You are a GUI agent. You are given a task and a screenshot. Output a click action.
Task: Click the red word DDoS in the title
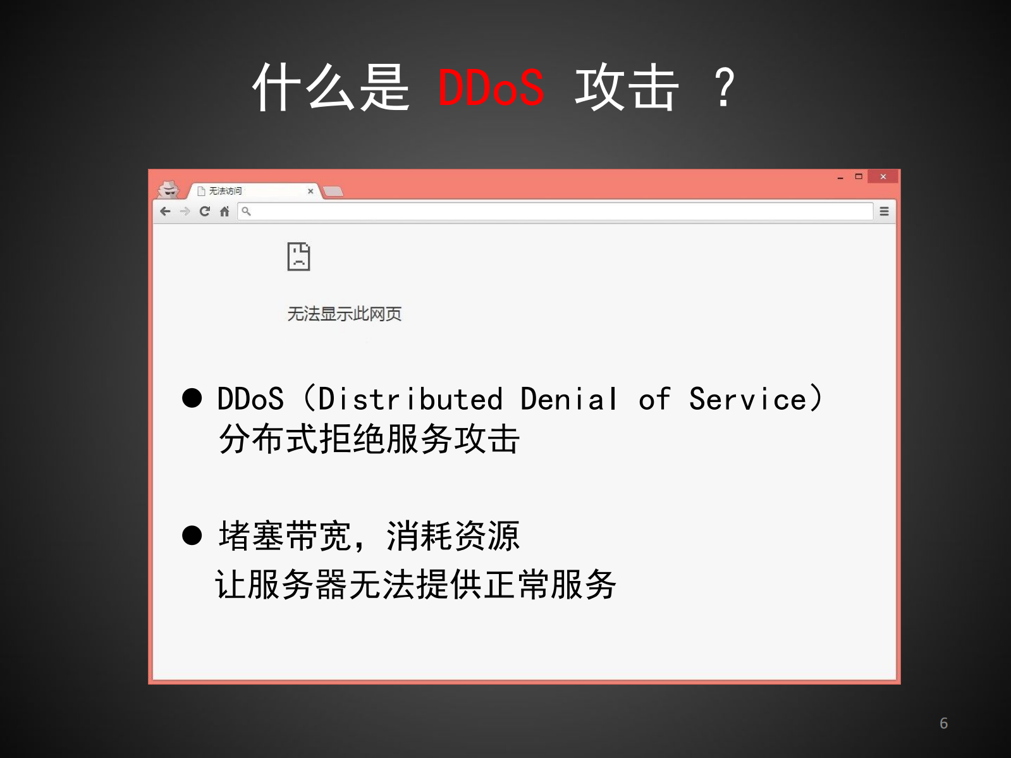click(491, 87)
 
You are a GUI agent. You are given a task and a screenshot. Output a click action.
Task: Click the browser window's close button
click(883, 176)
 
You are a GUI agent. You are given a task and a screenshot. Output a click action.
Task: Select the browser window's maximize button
click(859, 176)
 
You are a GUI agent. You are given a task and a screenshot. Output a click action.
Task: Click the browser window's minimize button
click(840, 178)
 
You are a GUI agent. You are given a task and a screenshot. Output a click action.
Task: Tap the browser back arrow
click(166, 211)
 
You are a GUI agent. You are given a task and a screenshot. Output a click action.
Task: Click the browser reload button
click(204, 211)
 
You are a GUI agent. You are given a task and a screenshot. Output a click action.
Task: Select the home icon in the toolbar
click(224, 211)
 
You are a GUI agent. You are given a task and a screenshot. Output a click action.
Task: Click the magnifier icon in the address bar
click(247, 211)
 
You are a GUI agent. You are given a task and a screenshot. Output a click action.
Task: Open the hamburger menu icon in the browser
click(884, 211)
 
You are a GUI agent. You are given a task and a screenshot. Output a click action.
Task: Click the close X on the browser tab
click(310, 191)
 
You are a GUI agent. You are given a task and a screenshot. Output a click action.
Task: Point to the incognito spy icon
click(168, 189)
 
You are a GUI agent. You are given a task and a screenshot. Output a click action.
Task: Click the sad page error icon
click(298, 256)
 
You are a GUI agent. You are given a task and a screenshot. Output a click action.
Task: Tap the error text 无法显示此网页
click(344, 314)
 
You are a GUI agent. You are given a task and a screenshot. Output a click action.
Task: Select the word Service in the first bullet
click(747, 400)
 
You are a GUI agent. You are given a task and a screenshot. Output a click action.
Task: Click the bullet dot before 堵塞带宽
click(192, 535)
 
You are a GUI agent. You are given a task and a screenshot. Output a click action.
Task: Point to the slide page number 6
click(943, 723)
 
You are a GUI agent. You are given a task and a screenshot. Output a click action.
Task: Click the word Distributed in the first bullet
click(410, 400)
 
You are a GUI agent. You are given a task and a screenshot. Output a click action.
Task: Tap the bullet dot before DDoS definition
click(192, 398)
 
